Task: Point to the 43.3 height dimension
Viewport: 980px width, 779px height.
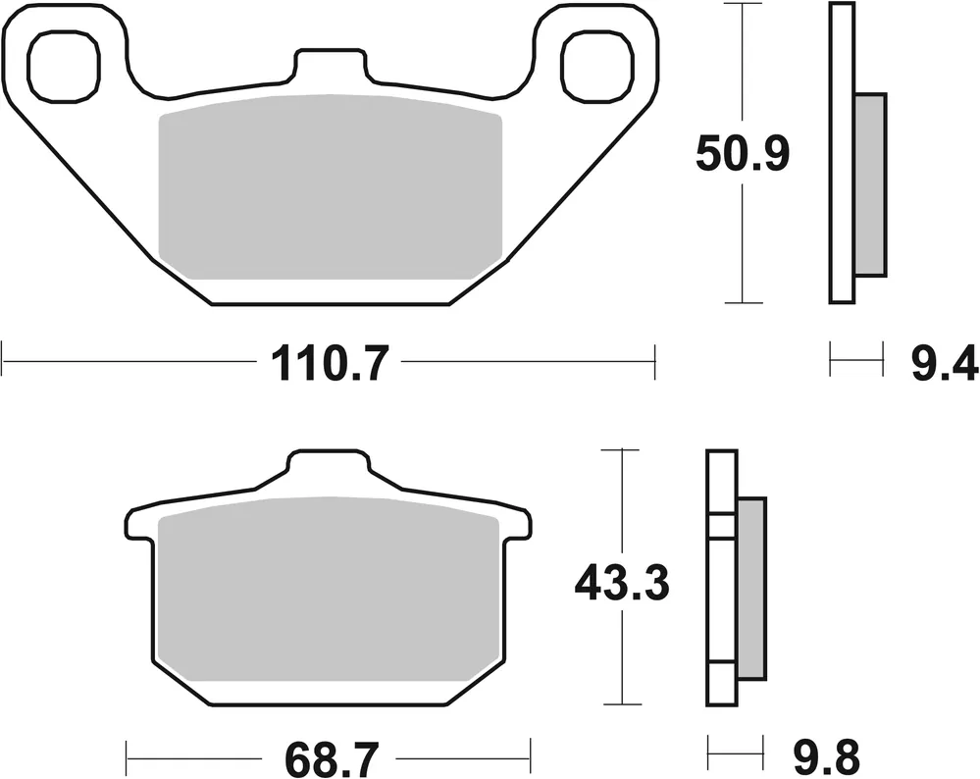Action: point(621,585)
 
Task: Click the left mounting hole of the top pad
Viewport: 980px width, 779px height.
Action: point(65,61)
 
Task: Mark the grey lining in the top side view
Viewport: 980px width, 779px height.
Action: point(870,184)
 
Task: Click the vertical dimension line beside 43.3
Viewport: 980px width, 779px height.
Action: point(613,667)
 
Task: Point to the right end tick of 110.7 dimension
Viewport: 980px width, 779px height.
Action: point(654,360)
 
